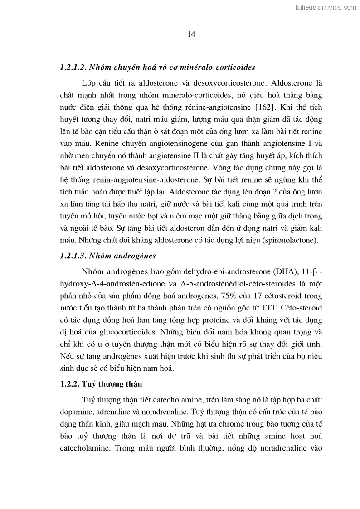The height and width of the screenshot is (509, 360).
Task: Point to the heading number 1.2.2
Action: [69, 384]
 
